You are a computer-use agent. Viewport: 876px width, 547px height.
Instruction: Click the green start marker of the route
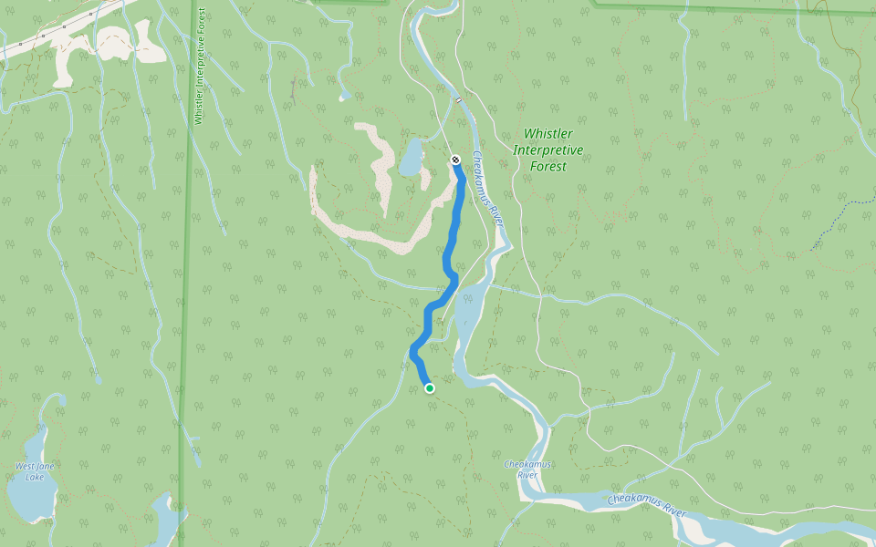click(430, 388)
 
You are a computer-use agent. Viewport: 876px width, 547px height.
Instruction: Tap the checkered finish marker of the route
click(455, 160)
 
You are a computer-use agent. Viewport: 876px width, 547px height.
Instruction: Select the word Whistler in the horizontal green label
click(547, 134)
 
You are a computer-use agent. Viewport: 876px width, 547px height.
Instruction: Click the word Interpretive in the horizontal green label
click(547, 150)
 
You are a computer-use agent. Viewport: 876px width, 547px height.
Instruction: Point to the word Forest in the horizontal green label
click(547, 167)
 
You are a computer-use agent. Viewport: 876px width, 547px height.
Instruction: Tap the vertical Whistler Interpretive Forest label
click(199, 68)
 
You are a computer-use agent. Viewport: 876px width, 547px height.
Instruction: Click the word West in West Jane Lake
click(25, 467)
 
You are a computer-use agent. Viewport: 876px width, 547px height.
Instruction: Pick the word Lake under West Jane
click(35, 477)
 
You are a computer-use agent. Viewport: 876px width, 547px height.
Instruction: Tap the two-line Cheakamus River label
click(525, 470)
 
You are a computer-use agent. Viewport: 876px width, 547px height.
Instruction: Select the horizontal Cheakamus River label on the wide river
click(646, 504)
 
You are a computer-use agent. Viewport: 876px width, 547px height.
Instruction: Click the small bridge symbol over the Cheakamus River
click(458, 99)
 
